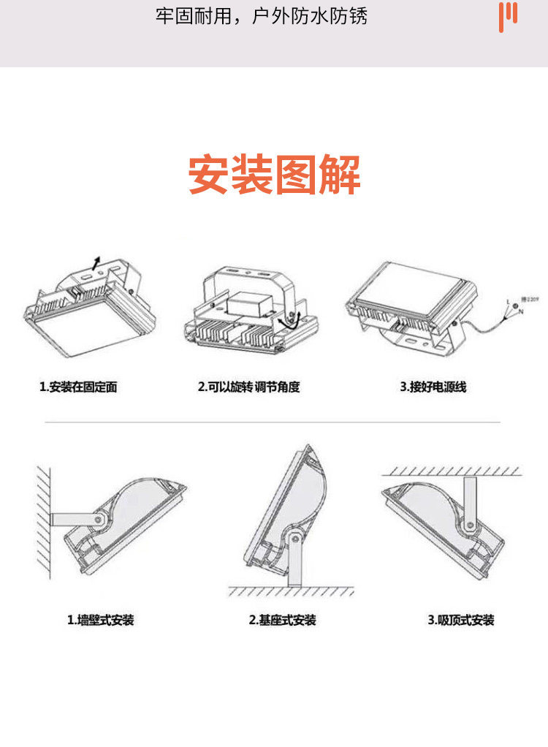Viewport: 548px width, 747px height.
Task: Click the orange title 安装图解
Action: [274, 175]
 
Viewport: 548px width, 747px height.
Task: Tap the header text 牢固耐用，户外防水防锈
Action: [261, 17]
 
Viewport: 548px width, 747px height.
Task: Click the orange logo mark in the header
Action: [508, 16]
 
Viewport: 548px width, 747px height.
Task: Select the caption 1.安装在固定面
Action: [78, 387]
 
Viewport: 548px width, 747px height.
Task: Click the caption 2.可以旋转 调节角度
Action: [248, 387]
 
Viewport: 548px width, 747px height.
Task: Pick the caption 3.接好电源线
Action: [433, 387]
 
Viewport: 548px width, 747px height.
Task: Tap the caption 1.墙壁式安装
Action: [101, 620]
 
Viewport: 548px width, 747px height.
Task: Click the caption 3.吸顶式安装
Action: [461, 620]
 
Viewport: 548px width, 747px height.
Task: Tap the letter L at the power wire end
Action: [508, 300]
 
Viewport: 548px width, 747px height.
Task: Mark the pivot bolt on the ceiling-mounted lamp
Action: [468, 523]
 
